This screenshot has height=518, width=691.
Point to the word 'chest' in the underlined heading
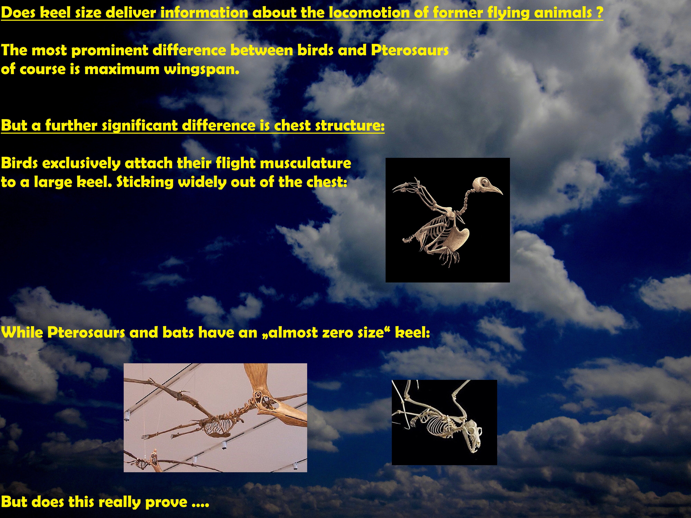pyautogui.click(x=292, y=126)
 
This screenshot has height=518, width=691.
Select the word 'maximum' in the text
pyautogui.click(x=122, y=69)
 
